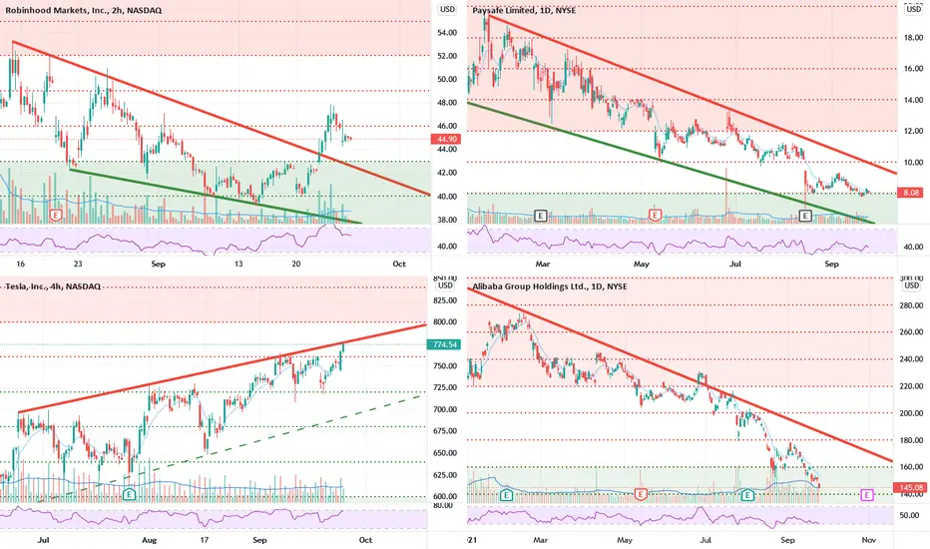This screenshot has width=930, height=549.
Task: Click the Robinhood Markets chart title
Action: tap(75, 9)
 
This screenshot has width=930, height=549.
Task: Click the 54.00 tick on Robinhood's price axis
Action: tap(449, 32)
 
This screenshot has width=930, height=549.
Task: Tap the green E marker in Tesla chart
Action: tap(129, 493)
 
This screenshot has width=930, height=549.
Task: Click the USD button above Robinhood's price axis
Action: tap(448, 9)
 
